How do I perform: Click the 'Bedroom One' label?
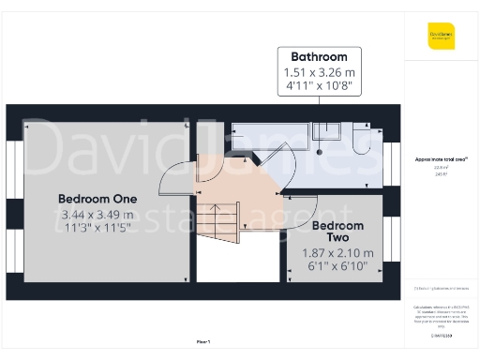97,199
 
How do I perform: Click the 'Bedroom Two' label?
337,232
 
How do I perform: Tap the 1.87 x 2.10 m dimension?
337,253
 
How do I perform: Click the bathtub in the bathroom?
272,135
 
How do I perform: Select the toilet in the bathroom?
361,140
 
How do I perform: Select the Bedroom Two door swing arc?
306,207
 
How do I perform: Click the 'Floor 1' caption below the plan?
203,343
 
